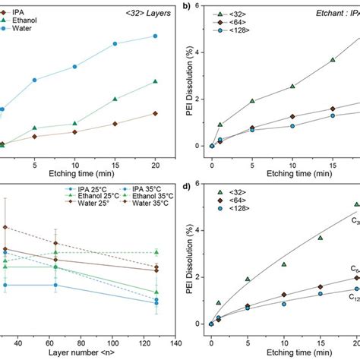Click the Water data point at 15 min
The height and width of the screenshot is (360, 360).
coord(115,44)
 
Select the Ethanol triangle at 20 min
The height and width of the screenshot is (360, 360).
coord(155,81)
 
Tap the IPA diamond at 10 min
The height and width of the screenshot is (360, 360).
coord(74,132)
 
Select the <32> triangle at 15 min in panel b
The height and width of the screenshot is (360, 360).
coord(332,60)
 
